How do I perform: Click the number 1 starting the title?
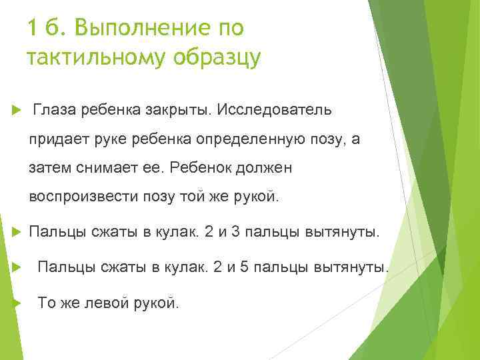pyautogui.click(x=33, y=29)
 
